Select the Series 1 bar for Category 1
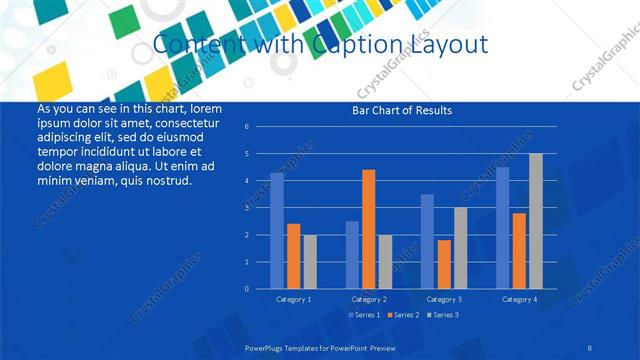[277, 231]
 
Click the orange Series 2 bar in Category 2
[369, 229]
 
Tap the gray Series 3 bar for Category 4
[536, 221]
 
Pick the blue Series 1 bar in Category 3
[427, 241]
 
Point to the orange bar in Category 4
[519, 250]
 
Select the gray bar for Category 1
[310, 261]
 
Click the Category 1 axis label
[294, 299]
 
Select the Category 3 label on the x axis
[444, 299]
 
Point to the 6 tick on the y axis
[246, 127]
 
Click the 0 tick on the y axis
[246, 289]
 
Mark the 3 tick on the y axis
[246, 208]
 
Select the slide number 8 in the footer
[590, 346]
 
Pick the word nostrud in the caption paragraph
[162, 180]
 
